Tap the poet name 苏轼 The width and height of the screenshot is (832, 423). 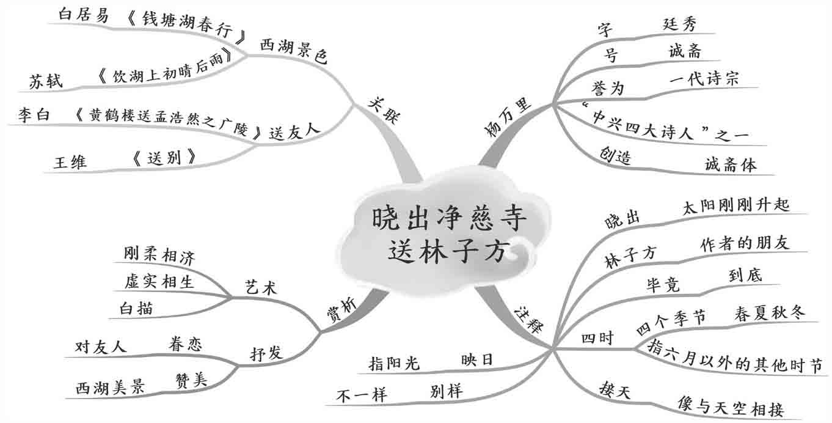tap(46, 81)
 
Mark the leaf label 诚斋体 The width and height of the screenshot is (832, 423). tap(730, 164)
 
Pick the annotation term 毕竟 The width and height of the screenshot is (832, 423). tap(663, 284)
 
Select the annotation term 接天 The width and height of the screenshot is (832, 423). tap(614, 388)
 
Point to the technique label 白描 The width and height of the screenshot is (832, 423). tap(136, 309)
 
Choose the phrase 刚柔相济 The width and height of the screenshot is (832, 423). tap(159, 256)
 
